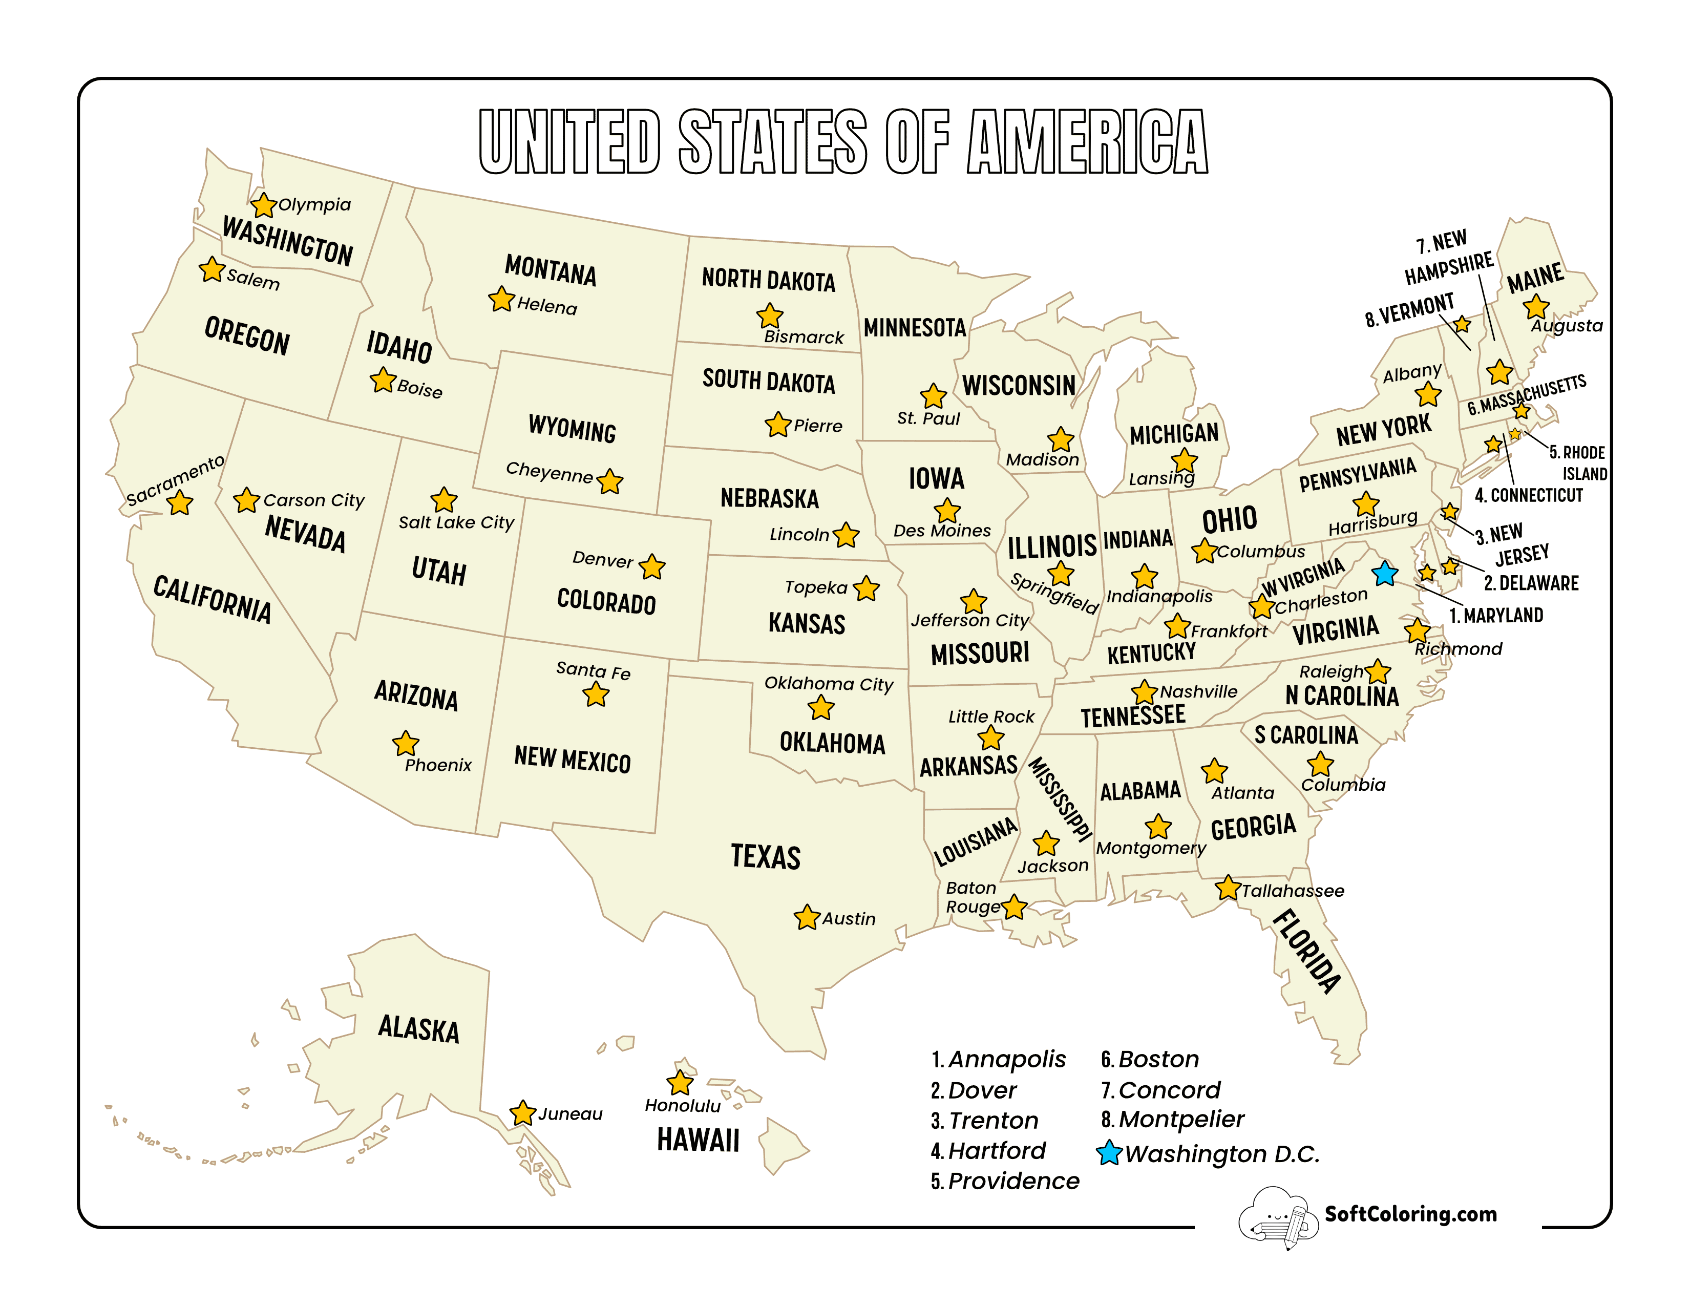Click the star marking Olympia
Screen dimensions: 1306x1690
pyautogui.click(x=263, y=205)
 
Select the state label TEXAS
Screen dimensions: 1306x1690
pyautogui.click(x=765, y=856)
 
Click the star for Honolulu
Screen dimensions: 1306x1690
pyautogui.click(x=680, y=1082)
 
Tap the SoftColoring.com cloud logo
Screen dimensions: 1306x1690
pyautogui.click(x=1277, y=1217)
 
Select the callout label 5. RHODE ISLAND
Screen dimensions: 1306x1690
pyautogui.click(x=1577, y=462)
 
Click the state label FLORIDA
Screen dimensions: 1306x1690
pyautogui.click(x=1307, y=951)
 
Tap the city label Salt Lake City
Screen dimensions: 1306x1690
pyautogui.click(x=456, y=522)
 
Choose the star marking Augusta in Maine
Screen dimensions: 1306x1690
pyautogui.click(x=1535, y=307)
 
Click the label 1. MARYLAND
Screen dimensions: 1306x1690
pyautogui.click(x=1496, y=615)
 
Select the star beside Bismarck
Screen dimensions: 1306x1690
pyautogui.click(x=769, y=315)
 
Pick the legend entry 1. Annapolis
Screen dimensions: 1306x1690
pyautogui.click(x=998, y=1059)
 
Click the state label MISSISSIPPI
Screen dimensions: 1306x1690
pyautogui.click(x=1060, y=798)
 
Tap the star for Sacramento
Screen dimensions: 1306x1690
pyautogui.click(x=180, y=503)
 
